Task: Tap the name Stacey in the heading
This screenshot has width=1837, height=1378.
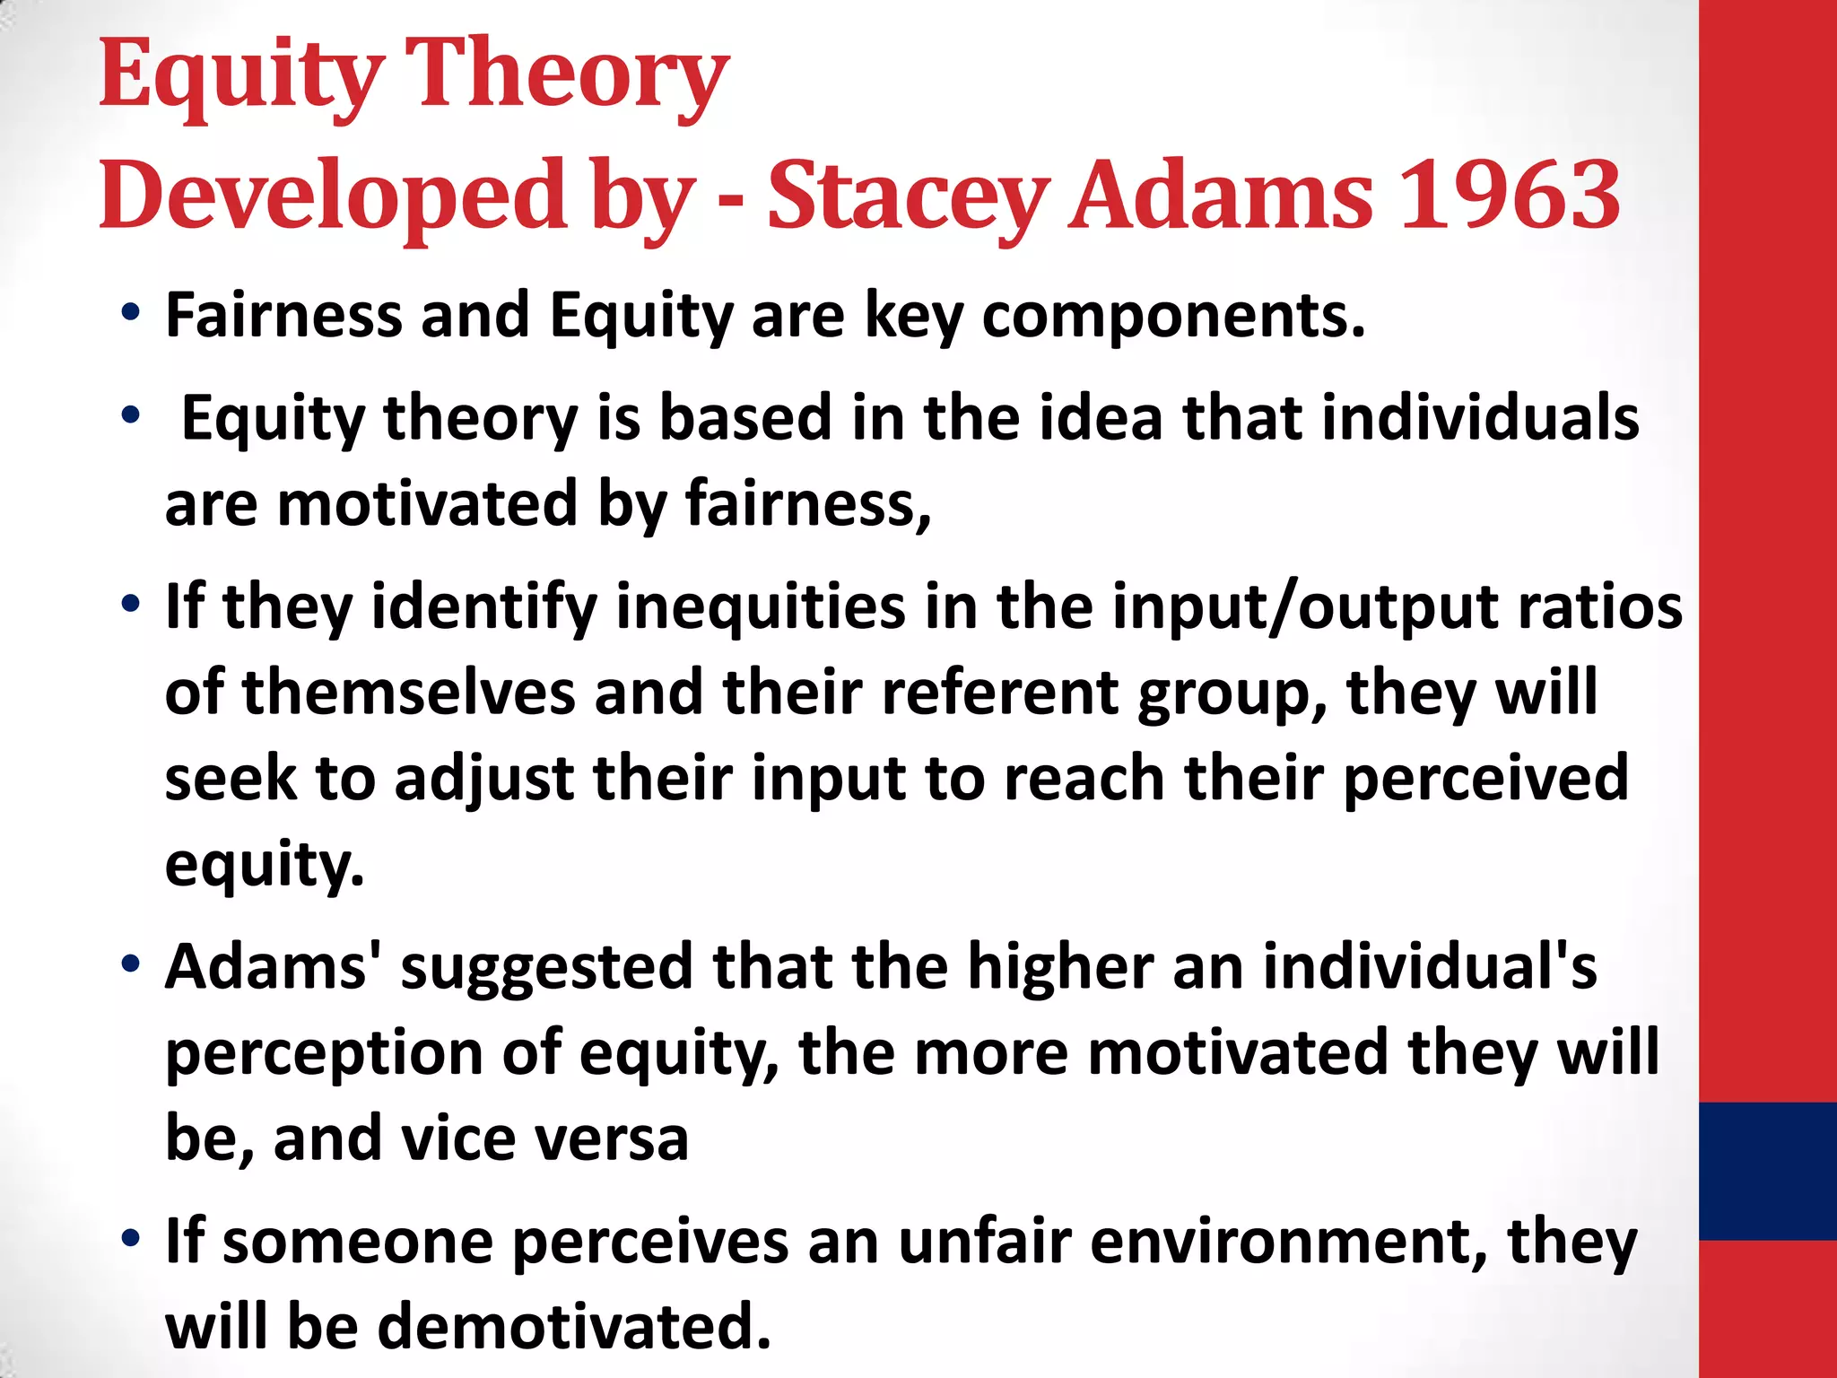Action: pyautogui.click(x=908, y=195)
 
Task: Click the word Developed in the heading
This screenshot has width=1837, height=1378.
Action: pyautogui.click(x=333, y=195)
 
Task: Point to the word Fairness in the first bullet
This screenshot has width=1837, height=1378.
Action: pyautogui.click(x=283, y=316)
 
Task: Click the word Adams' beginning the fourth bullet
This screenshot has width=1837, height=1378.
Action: pyautogui.click(x=273, y=967)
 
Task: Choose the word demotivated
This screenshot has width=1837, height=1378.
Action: pyautogui.click(x=573, y=1327)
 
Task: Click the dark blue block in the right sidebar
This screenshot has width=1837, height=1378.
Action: pyautogui.click(x=1767, y=1171)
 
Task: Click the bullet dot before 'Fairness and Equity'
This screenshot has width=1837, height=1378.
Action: pyautogui.click(x=131, y=314)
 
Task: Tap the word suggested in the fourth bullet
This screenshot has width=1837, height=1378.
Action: pyautogui.click(x=545, y=967)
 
